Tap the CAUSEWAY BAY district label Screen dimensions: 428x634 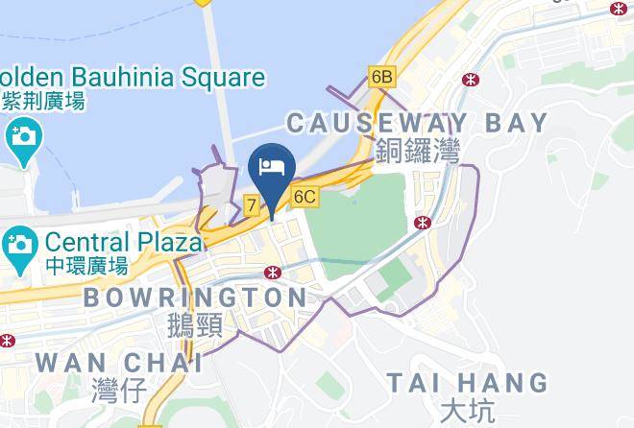(x=417, y=123)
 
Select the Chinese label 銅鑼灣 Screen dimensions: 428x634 (x=418, y=151)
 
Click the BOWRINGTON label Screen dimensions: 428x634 (x=195, y=297)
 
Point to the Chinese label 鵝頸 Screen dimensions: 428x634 (x=194, y=325)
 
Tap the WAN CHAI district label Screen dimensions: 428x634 (x=119, y=363)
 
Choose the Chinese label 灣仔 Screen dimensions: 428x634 (x=119, y=390)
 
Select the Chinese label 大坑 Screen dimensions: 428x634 (x=466, y=411)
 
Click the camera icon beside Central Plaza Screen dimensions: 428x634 (x=19, y=245)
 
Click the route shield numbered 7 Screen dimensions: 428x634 (x=251, y=204)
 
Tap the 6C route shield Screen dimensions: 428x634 (x=305, y=198)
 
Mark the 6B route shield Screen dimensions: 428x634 (x=381, y=76)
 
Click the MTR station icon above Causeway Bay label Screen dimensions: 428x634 (x=470, y=80)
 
